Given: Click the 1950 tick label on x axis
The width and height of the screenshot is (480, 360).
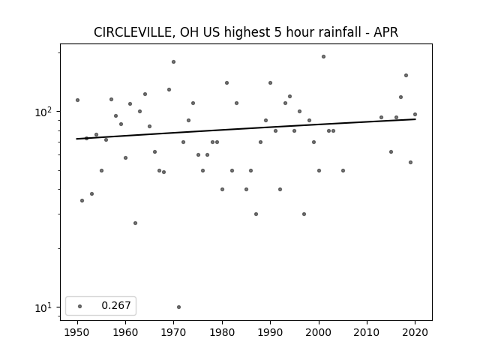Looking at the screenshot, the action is tap(77, 332).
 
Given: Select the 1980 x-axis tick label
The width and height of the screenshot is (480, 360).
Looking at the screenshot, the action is tap(222, 332).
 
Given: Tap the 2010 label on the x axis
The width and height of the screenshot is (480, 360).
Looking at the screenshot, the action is tap(367, 332).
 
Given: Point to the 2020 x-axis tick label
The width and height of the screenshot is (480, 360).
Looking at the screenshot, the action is tap(415, 332).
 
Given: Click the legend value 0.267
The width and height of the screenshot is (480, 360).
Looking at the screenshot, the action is tap(116, 305).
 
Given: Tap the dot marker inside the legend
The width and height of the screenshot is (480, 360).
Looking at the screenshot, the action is tap(80, 306).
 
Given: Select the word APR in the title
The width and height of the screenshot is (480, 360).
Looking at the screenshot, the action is tap(385, 32).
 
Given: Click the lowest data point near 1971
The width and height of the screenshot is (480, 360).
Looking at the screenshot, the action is tap(178, 307).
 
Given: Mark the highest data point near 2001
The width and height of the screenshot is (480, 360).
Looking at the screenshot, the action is tap(323, 57).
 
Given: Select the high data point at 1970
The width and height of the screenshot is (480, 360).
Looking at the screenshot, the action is tap(173, 61).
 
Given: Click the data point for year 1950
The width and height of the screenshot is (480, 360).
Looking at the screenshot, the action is tap(77, 100).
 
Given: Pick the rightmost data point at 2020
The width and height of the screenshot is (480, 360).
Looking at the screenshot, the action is tap(415, 115).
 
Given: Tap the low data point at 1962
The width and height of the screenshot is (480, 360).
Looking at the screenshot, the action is tap(135, 223).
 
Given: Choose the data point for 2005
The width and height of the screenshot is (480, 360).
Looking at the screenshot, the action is tap(343, 170).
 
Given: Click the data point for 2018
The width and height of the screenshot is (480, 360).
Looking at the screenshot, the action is tap(406, 75).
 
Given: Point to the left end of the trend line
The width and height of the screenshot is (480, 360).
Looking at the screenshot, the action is tap(76, 139).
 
